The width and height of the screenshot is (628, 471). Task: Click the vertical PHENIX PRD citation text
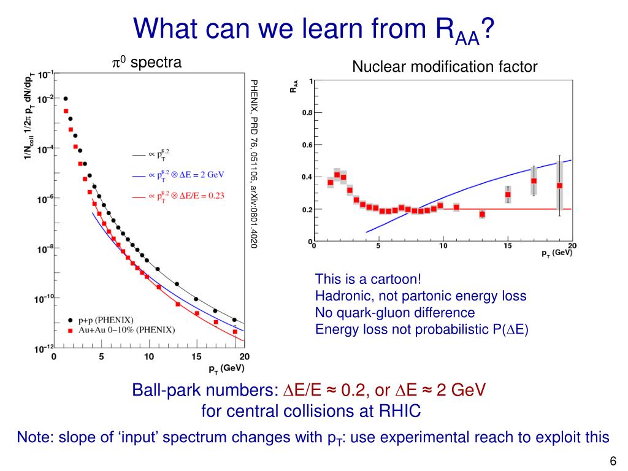[254, 163]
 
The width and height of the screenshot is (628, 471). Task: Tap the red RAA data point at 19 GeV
[559, 185]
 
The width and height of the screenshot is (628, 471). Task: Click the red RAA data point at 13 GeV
[482, 214]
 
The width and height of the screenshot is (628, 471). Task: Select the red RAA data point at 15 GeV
[508, 194]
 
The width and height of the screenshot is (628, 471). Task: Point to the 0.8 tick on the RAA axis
[306, 113]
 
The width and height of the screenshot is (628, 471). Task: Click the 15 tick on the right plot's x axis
[508, 247]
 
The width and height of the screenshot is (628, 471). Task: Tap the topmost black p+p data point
[65, 98]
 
